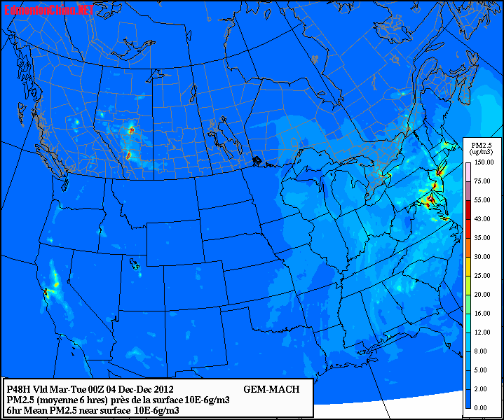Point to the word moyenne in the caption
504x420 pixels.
[60, 400]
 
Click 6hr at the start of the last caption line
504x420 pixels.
[14, 410]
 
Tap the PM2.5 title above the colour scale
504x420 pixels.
[481, 144]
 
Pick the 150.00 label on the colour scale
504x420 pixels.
[482, 162]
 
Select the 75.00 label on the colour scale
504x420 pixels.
[482, 181]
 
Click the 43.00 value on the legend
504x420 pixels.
[482, 219]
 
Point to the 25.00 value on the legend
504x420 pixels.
[482, 275]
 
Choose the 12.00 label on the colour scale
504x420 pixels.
[482, 332]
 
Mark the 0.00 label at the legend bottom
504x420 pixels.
[482, 407]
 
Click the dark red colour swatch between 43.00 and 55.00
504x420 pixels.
[468, 209]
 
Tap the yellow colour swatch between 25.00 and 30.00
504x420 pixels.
[468, 266]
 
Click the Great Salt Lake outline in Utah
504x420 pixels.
[134, 264]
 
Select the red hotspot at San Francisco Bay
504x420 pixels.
[46, 290]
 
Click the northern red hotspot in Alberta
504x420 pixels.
[131, 129]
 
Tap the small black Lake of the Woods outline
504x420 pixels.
[258, 162]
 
